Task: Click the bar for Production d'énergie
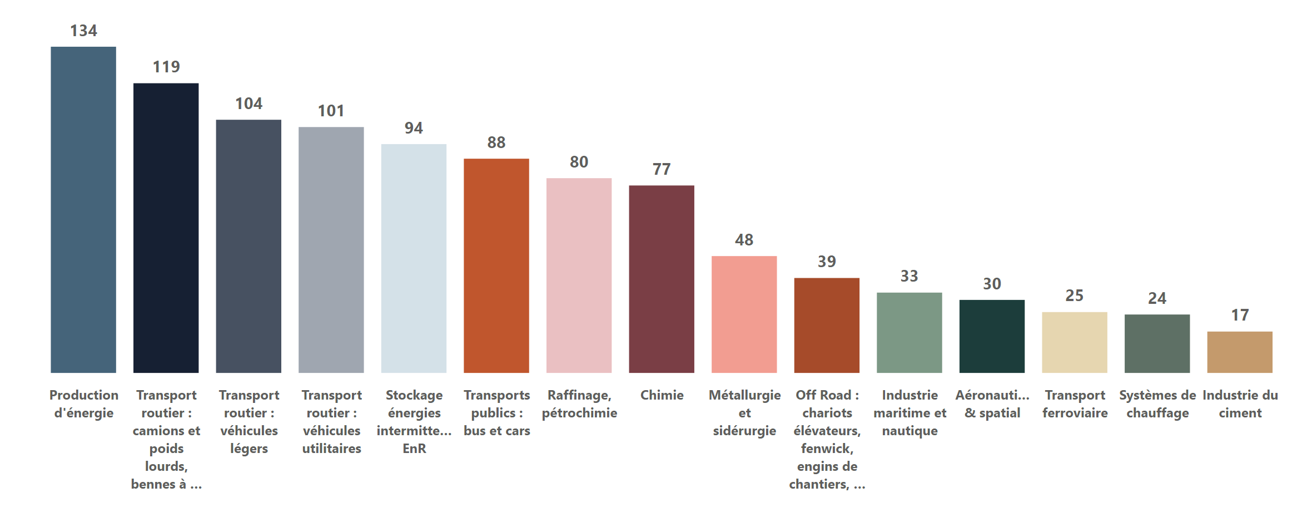coord(83,210)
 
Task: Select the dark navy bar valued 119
coord(166,228)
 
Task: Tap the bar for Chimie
coord(662,279)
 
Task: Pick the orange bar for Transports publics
coord(496,265)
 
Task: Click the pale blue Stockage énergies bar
coord(414,258)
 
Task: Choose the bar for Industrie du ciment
coord(1240,352)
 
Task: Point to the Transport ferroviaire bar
coord(1075,342)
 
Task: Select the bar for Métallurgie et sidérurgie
coord(744,314)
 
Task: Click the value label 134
coord(83,31)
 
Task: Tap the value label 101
coord(331,111)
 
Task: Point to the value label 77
coord(662,169)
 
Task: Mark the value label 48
coord(744,240)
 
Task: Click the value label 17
coord(1240,315)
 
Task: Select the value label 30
coord(992,284)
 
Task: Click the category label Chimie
coord(662,395)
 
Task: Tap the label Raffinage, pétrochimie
coord(579,404)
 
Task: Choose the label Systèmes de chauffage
coord(1157,404)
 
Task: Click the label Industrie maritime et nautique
coord(910,413)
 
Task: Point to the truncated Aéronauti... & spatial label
coord(992,404)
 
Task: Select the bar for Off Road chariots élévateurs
coord(827,326)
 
